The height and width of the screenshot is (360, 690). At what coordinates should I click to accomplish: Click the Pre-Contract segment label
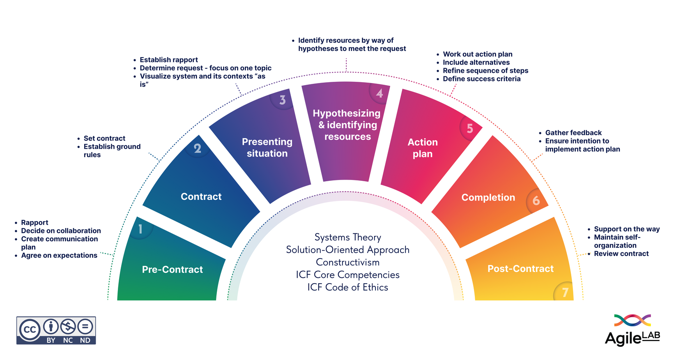172,270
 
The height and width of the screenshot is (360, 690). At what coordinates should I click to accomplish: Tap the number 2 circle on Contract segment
198,148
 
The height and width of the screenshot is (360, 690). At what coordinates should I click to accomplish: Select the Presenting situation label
267,148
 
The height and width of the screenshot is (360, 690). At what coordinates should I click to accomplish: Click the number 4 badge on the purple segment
379,93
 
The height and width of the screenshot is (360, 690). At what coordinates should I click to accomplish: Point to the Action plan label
423,148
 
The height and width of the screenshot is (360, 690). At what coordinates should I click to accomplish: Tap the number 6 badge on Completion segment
536,201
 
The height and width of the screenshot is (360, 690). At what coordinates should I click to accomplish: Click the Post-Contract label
520,269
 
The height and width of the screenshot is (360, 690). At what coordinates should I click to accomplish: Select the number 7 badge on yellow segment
565,292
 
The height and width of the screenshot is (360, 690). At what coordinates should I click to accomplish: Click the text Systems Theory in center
347,238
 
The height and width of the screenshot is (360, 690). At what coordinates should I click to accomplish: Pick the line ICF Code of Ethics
347,287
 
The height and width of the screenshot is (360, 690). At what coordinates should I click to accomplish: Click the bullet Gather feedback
573,133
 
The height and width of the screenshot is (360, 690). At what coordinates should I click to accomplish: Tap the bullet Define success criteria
481,79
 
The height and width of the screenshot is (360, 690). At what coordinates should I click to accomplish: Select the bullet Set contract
104,138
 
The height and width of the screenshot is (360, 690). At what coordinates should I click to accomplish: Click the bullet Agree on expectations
59,255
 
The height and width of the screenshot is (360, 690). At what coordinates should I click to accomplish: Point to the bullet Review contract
621,254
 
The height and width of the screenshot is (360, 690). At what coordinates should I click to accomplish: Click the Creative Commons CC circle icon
30,330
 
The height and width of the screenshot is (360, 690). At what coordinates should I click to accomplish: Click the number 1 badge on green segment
140,229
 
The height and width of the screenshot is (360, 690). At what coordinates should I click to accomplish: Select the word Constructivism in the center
347,262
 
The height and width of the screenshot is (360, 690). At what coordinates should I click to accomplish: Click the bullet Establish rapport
168,60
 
